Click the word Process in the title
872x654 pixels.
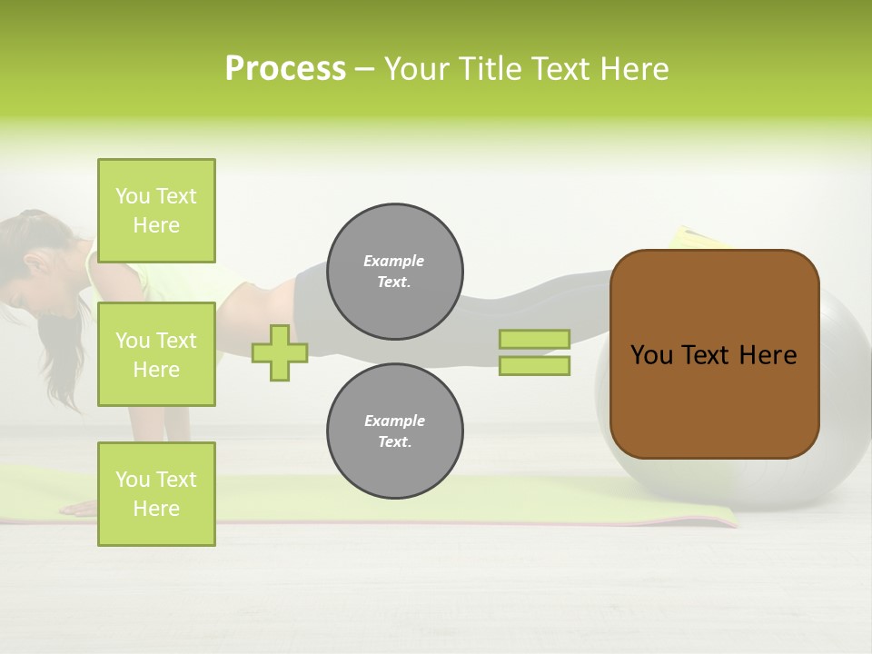[285, 69]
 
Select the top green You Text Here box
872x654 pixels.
[156, 211]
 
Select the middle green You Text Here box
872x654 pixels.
[156, 354]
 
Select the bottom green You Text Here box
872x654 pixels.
[156, 493]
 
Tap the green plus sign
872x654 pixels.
[280, 352]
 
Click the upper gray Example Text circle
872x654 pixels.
[394, 272]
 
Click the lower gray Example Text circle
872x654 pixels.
[394, 431]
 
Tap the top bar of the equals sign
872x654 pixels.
[534, 339]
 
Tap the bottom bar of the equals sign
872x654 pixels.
[534, 365]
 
